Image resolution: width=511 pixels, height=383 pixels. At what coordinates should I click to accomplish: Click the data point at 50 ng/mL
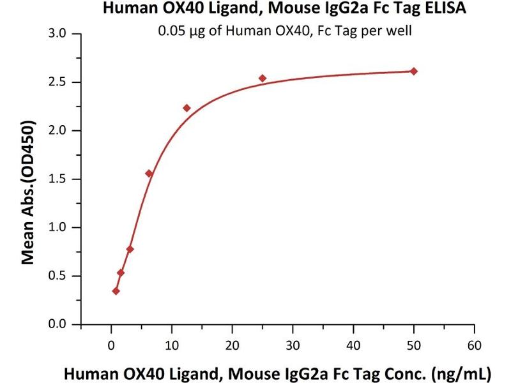click(x=414, y=71)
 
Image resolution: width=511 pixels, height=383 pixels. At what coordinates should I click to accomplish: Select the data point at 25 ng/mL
click(x=263, y=79)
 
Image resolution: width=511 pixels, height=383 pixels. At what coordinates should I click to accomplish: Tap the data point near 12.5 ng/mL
click(x=187, y=108)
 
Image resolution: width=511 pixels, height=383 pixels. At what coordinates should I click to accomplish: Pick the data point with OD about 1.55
click(x=149, y=174)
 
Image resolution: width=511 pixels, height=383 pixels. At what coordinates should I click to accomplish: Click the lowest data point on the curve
click(x=116, y=291)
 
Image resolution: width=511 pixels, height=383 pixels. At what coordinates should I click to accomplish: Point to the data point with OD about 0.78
click(x=130, y=249)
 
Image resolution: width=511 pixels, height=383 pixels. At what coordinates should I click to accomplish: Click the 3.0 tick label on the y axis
click(x=63, y=33)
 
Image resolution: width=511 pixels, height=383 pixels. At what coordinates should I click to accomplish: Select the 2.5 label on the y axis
click(x=63, y=82)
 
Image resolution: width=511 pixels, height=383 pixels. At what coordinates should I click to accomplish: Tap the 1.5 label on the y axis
click(x=63, y=179)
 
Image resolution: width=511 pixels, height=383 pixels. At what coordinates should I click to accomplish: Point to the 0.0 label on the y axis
click(x=63, y=324)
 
